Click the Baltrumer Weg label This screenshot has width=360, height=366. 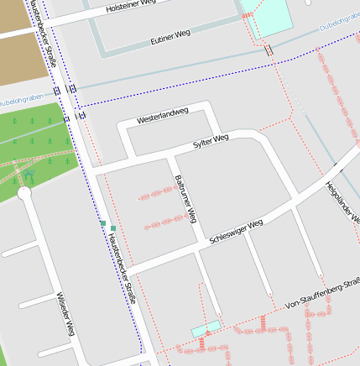185,198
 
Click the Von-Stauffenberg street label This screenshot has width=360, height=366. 322,295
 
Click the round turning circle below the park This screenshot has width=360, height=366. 23,192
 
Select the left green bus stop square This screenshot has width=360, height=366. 103,224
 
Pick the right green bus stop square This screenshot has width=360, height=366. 113,227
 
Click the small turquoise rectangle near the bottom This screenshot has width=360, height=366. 206,328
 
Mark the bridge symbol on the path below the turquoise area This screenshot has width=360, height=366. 269,50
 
